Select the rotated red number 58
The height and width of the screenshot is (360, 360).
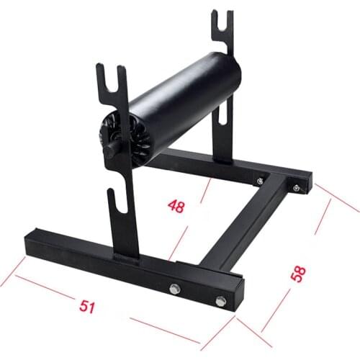[x=298, y=274]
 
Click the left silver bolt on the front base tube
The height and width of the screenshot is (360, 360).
[x=175, y=289]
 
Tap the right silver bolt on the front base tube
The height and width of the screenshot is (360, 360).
[x=218, y=300]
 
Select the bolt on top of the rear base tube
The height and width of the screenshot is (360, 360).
[x=258, y=181]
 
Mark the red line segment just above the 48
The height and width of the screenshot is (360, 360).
[x=202, y=191]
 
